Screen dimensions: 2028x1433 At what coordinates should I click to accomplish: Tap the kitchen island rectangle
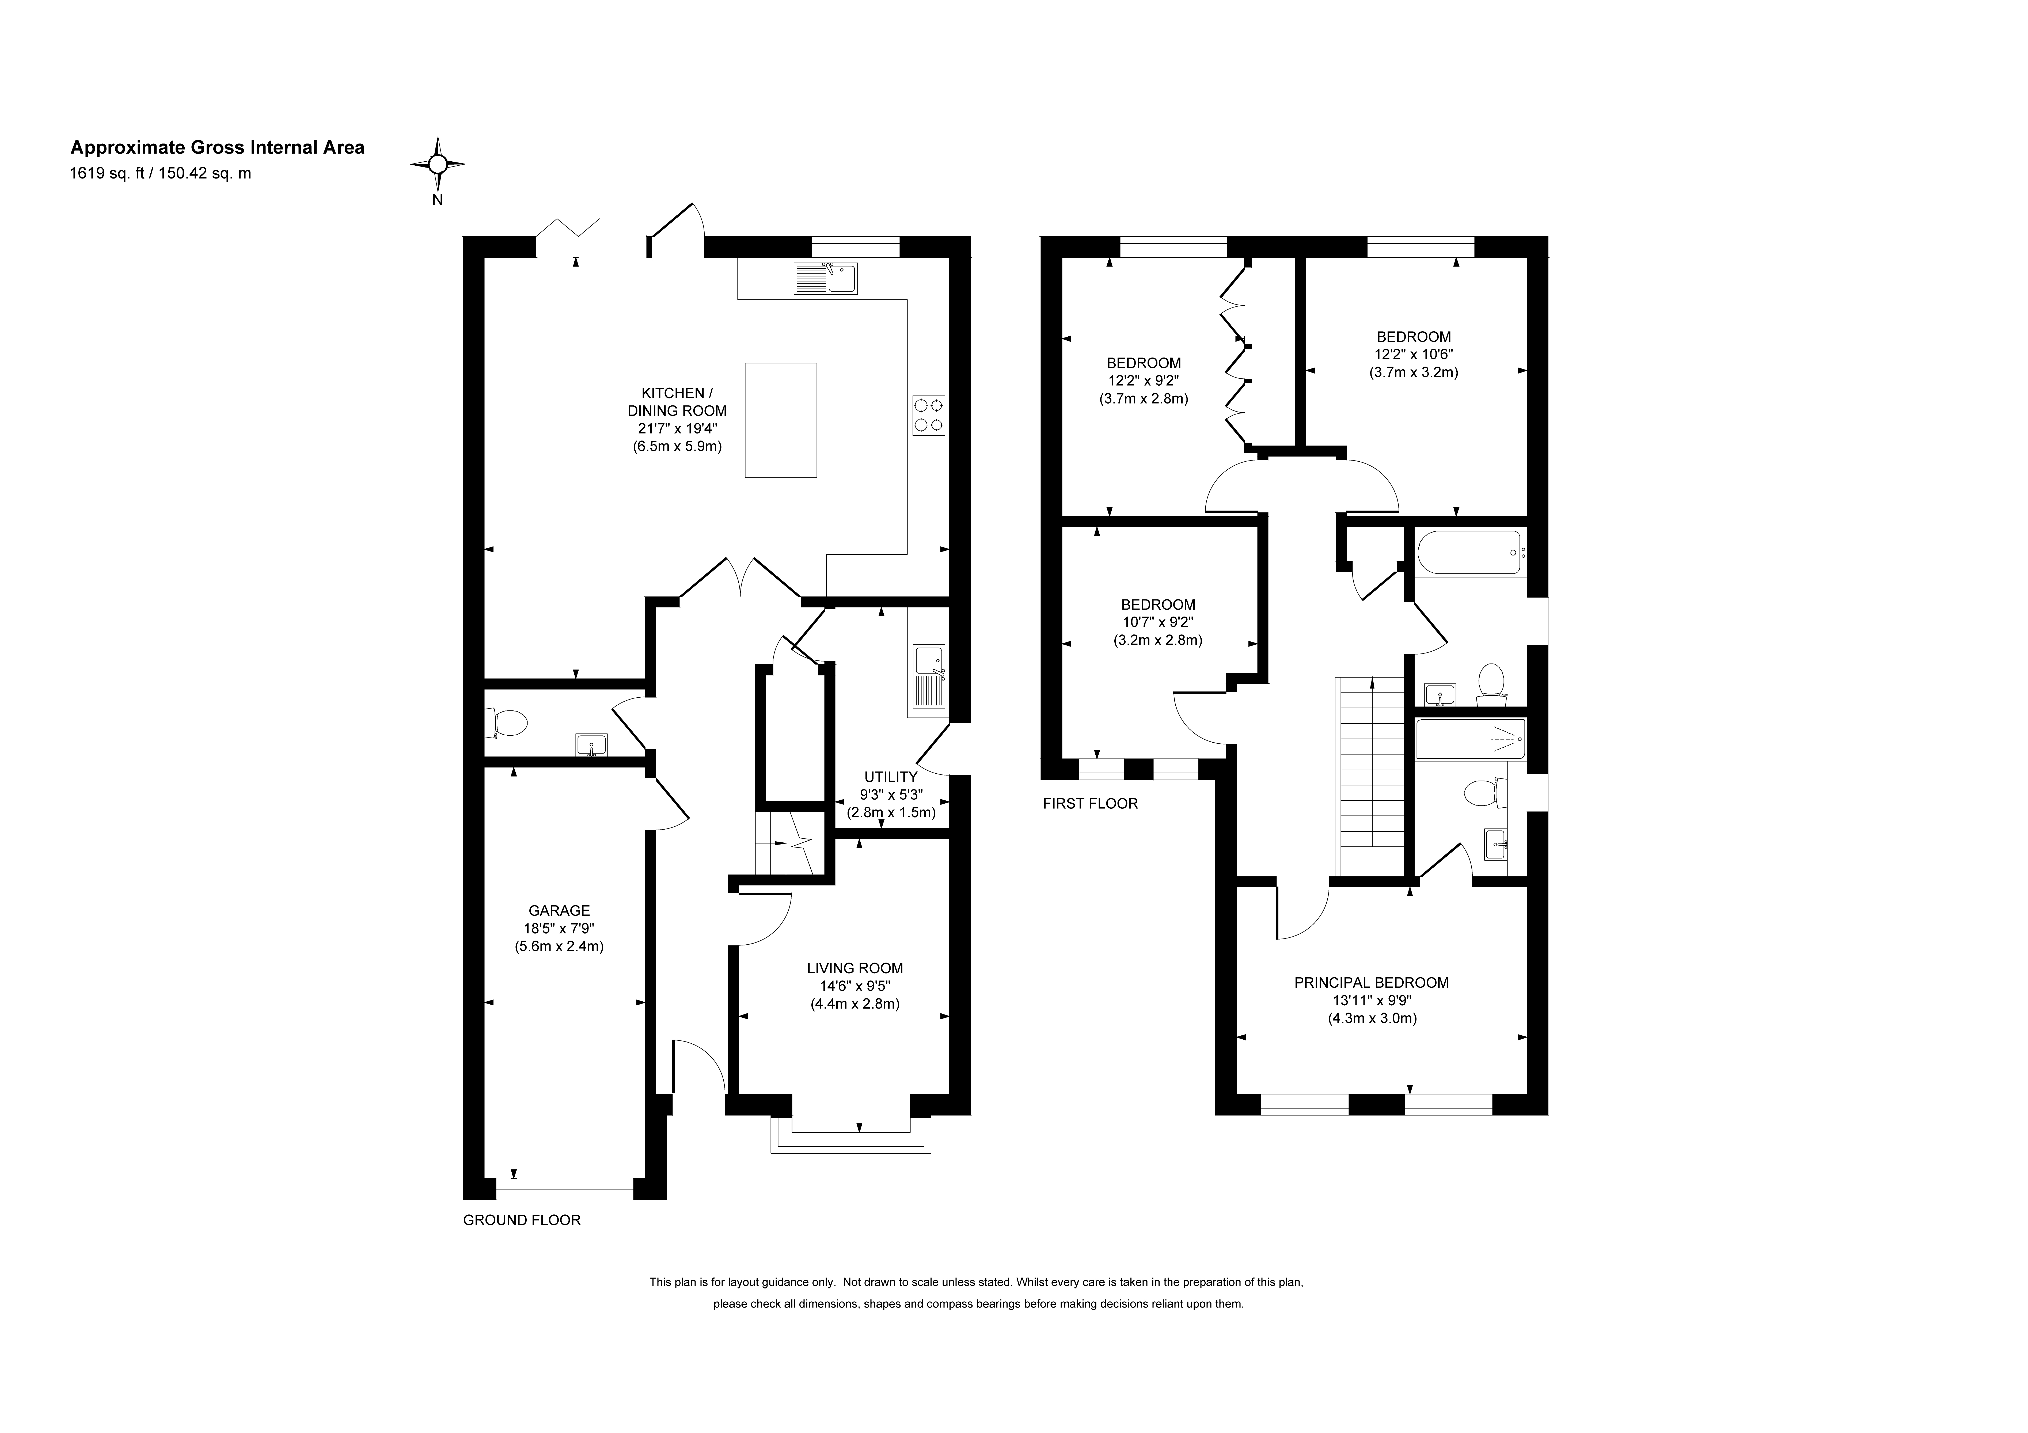pos(781,421)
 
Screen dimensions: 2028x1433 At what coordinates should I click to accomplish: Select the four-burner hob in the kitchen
pos(928,415)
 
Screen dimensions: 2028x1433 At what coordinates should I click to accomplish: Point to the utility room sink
pos(929,677)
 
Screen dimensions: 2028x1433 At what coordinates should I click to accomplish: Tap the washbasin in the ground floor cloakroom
pos(591,746)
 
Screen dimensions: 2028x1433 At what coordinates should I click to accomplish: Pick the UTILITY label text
pos(890,777)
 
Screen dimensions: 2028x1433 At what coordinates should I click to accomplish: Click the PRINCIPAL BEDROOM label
pos(1372,982)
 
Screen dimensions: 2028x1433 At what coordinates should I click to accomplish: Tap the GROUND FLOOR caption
pos(522,1220)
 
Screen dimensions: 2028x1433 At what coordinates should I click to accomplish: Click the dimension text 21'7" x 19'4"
pos(678,428)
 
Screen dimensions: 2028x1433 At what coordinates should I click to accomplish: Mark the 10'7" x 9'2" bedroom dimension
pos(1158,622)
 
